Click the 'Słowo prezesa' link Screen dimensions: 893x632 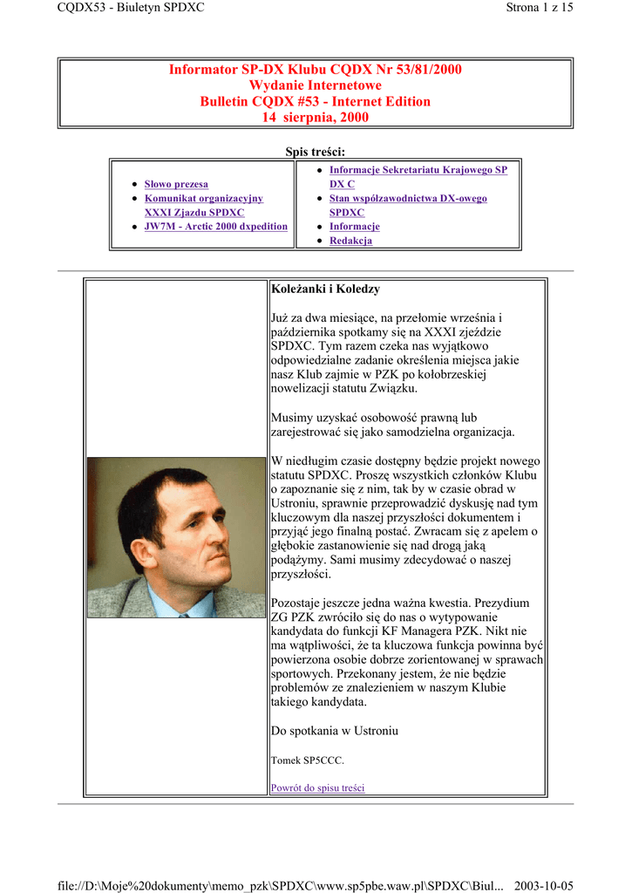pyautogui.click(x=176, y=185)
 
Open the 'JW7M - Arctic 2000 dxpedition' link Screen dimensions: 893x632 pyautogui.click(x=215, y=227)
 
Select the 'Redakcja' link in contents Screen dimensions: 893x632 pyautogui.click(x=350, y=241)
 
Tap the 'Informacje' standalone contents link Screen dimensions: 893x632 pyautogui.click(x=354, y=227)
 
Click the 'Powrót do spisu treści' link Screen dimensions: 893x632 pyautogui.click(x=317, y=788)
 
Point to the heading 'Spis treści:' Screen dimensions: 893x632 pyautogui.click(x=316, y=153)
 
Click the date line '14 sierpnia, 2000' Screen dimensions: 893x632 pyautogui.click(x=316, y=117)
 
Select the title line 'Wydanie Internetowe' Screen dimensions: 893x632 pyautogui.click(x=316, y=85)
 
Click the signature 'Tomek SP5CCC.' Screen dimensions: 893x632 pyautogui.click(x=308, y=760)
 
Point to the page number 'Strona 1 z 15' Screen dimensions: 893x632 pyautogui.click(x=539, y=8)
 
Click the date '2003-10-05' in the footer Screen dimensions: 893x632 pyautogui.click(x=544, y=886)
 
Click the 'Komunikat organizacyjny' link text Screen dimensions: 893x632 pyautogui.click(x=203, y=199)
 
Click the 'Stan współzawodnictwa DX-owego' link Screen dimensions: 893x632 pyautogui.click(x=408, y=199)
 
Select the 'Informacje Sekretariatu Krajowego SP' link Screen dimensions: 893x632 pyautogui.click(x=418, y=170)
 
